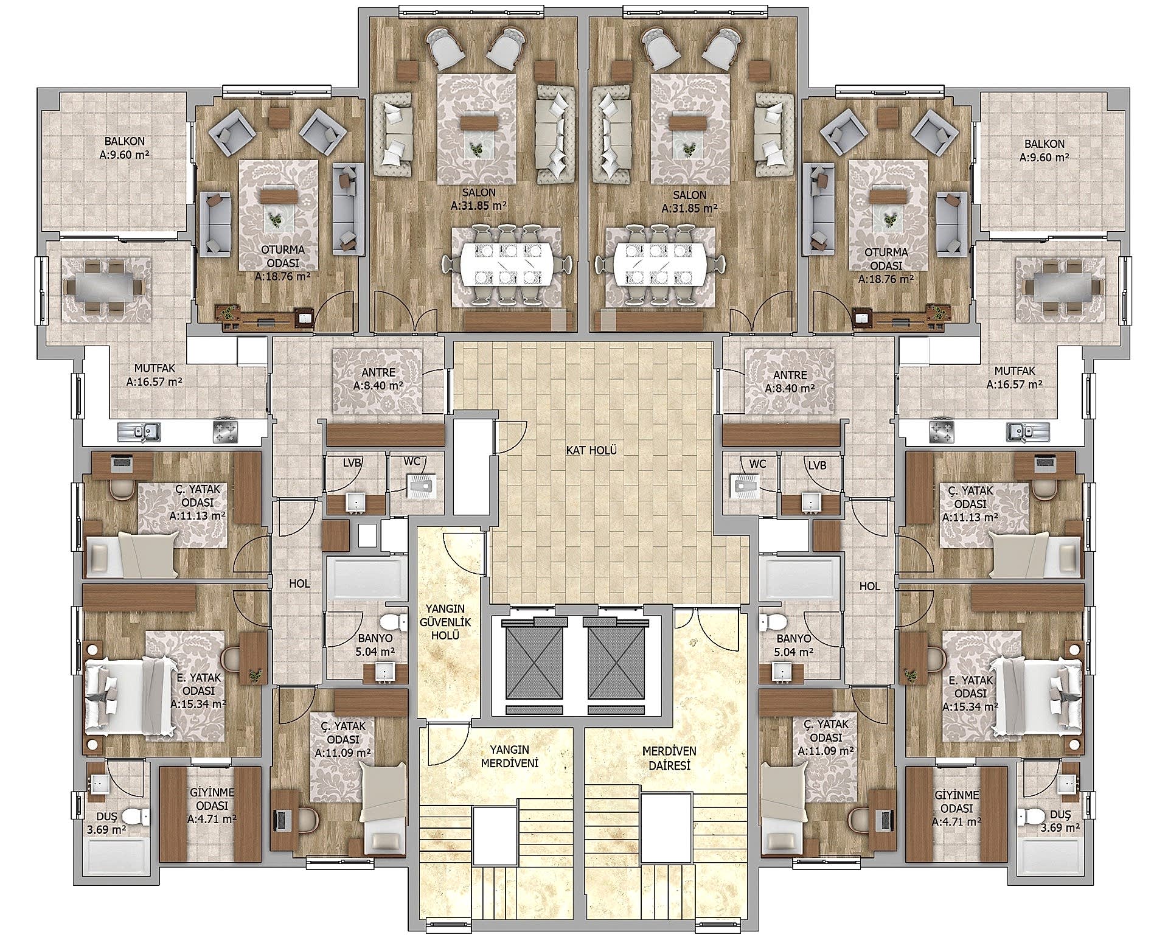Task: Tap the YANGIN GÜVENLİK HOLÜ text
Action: tap(446, 621)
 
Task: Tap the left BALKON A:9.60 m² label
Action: tap(124, 149)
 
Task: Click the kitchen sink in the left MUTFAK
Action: tap(139, 431)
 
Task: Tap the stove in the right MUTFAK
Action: tap(940, 432)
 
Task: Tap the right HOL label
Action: tap(869, 586)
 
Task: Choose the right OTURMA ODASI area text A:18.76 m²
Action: tap(886, 279)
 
